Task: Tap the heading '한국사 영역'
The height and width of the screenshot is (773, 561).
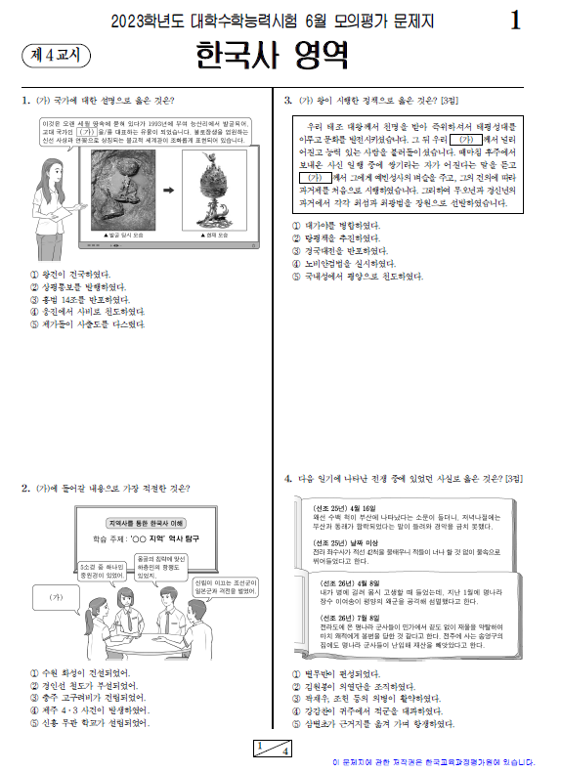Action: (271, 57)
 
